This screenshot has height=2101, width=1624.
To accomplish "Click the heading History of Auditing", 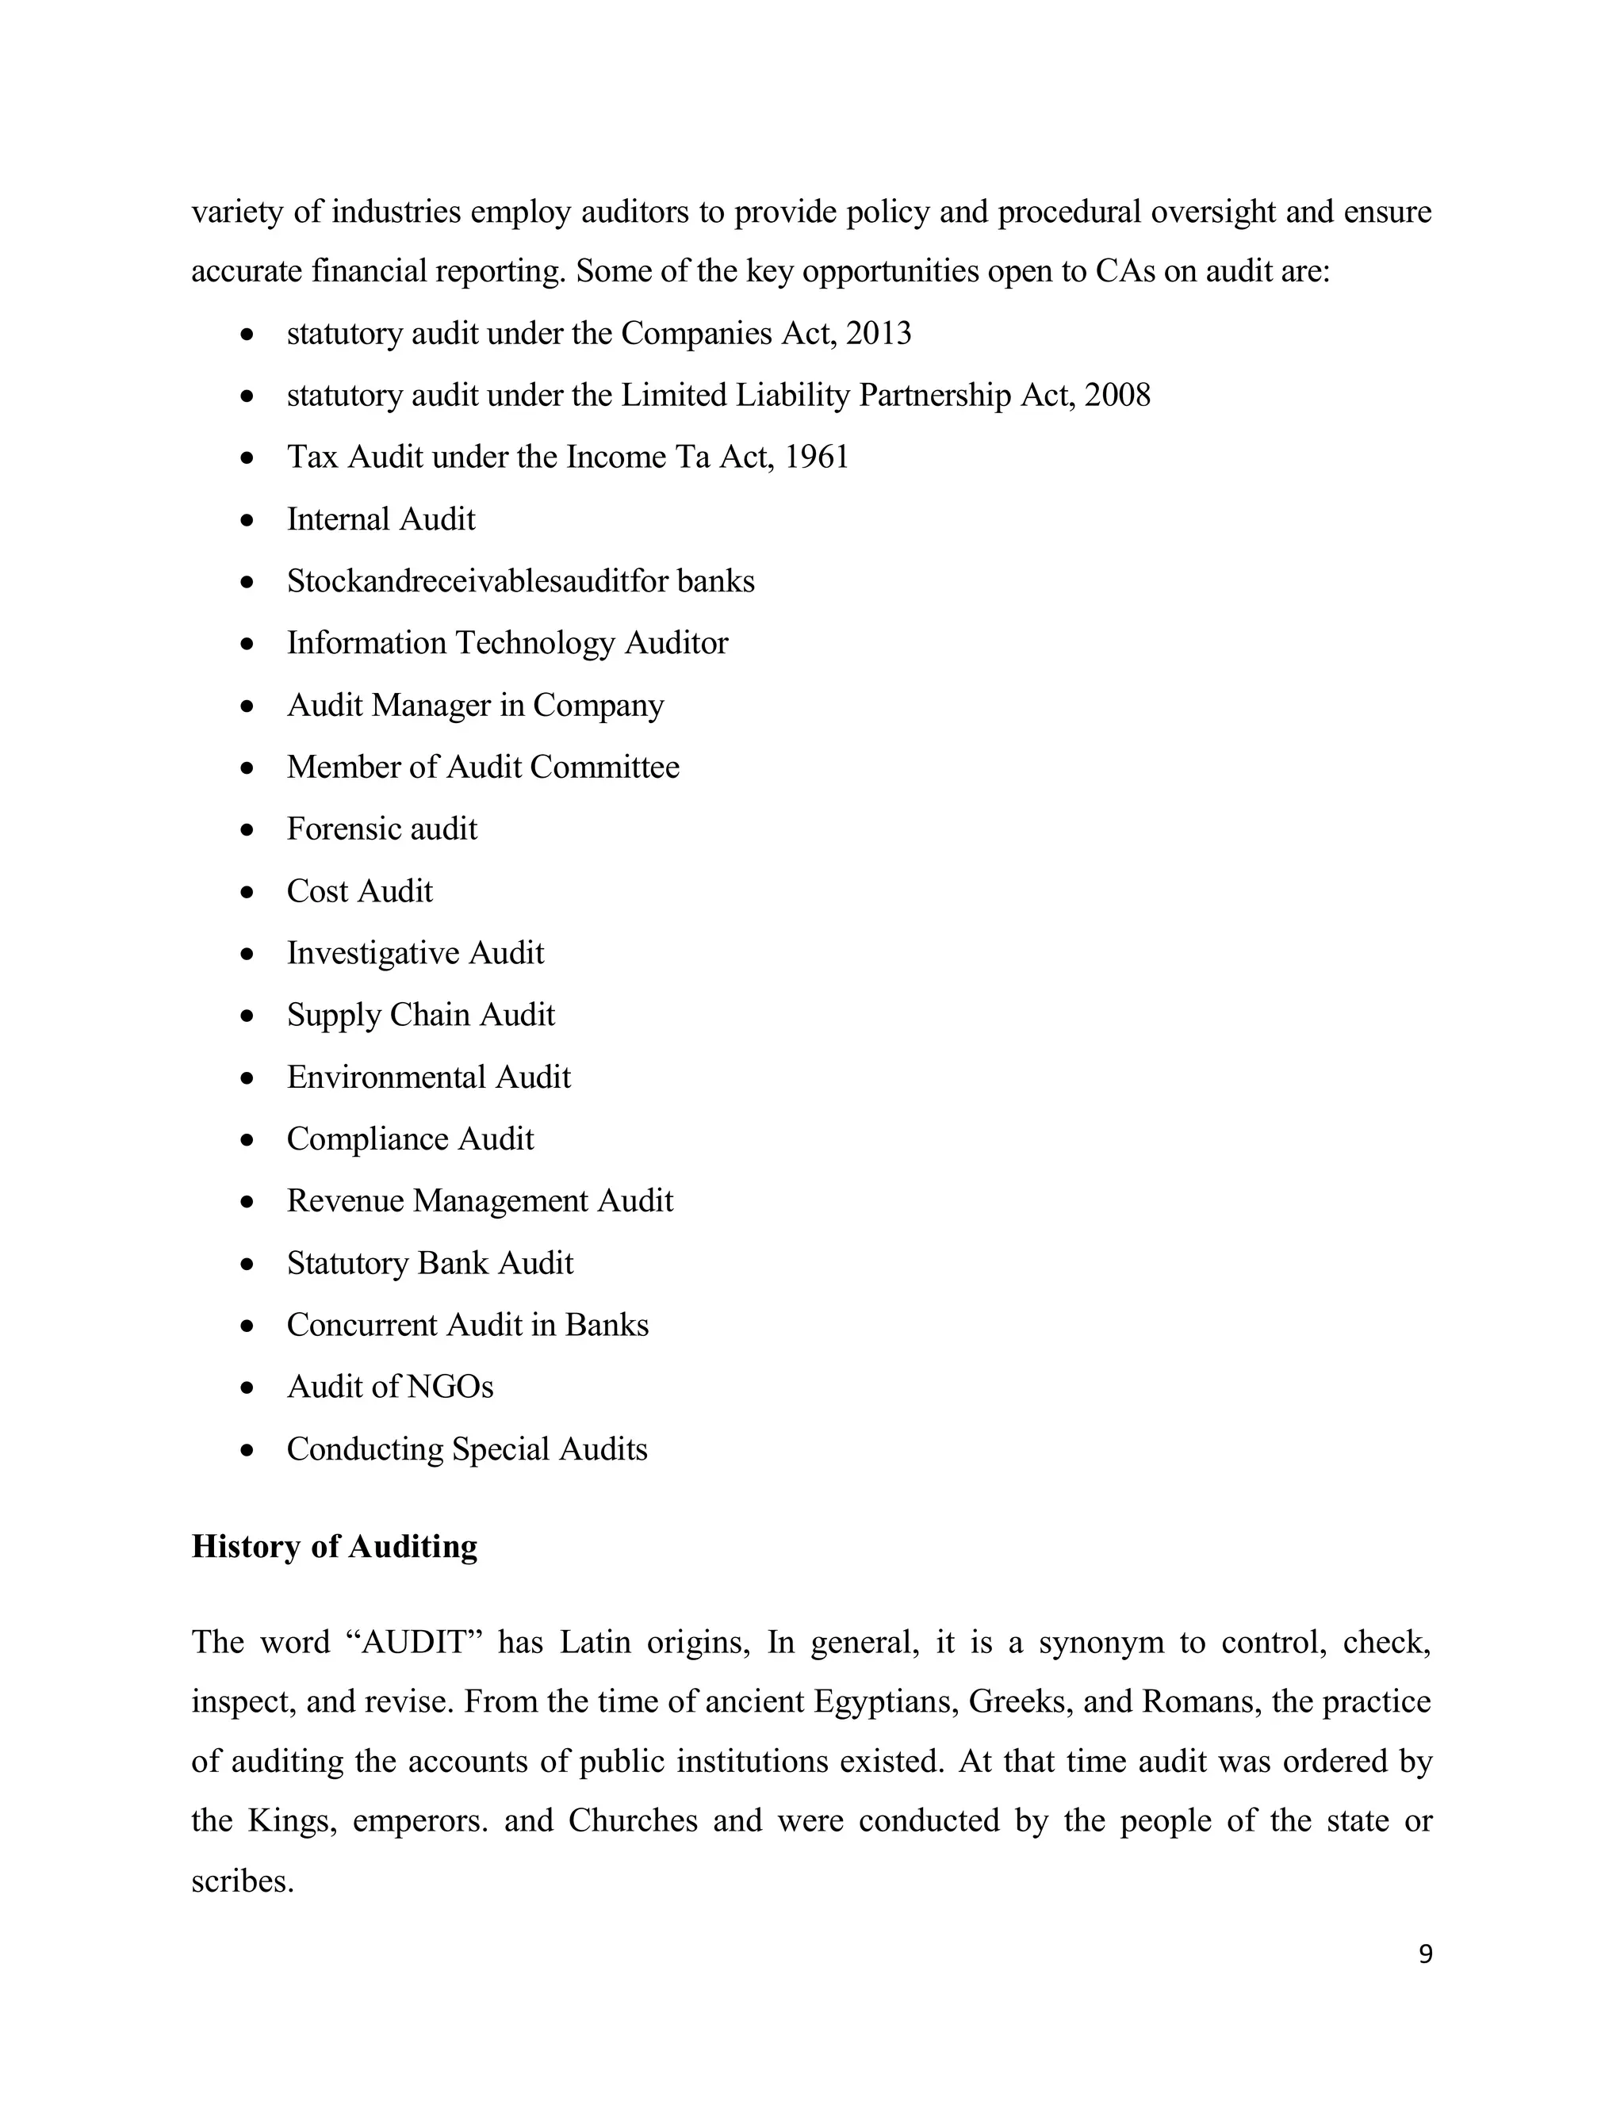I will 334,1546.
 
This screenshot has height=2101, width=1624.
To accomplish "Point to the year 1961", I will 817,457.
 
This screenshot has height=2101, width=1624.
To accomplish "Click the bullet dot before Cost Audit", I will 248,892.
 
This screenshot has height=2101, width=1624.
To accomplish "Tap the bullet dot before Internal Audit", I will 248,520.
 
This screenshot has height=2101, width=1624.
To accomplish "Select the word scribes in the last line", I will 242,1880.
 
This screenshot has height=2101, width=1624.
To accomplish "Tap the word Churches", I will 632,1820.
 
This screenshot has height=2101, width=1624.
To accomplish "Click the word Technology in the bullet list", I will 534,643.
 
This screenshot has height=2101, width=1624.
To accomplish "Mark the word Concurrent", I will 362,1325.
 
